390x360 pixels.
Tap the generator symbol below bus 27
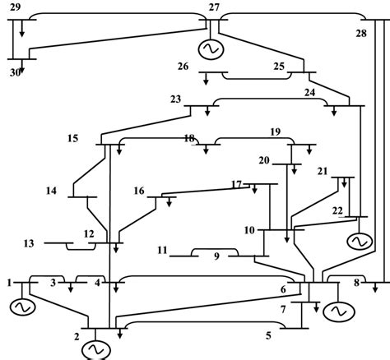(209, 48)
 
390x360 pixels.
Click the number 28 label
(361, 33)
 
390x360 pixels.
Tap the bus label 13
(30, 243)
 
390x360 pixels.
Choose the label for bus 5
(267, 335)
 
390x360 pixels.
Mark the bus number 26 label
(184, 66)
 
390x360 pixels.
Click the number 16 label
(139, 191)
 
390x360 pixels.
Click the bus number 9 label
(216, 256)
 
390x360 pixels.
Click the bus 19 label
(276, 132)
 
